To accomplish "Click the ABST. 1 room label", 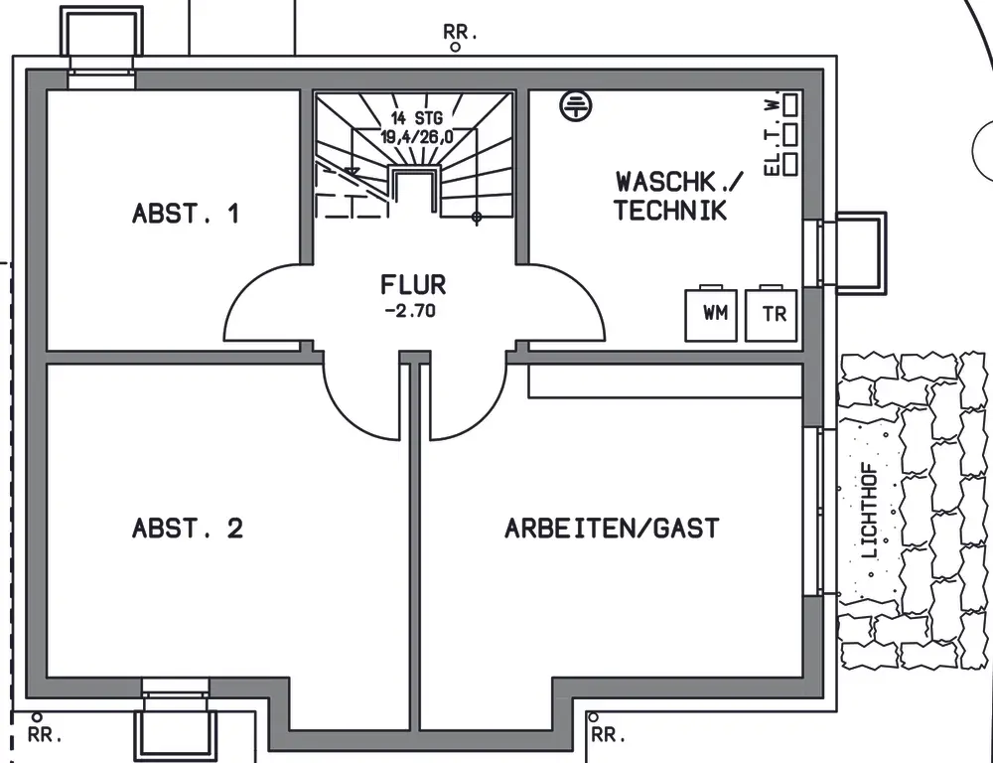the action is coord(186,214).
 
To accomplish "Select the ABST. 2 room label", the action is coord(188,528).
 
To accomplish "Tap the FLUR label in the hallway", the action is coord(413,285).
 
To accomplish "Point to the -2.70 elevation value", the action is coord(410,311).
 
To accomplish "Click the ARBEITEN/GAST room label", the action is coord(612,528).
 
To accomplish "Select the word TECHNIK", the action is coord(670,211).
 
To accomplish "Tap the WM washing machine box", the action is coord(711,314).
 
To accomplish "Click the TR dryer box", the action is coord(771,314).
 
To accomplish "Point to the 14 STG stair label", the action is coord(417,118).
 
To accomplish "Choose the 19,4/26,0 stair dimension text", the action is coord(417,136).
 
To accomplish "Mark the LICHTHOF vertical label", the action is coord(872,511).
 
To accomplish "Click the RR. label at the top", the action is coord(460,32).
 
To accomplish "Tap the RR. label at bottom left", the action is coord(45,736).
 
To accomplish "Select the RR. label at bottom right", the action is coord(609,735).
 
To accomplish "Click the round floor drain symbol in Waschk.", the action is coord(576,105).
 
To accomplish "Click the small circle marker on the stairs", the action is coord(477,218).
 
